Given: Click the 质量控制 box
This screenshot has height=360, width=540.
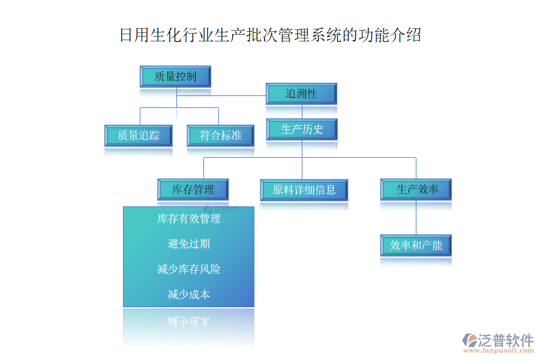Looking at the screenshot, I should point(175,77).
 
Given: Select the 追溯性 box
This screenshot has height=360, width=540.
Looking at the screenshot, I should point(301,94).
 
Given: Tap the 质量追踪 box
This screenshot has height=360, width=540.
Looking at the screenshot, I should point(138,136).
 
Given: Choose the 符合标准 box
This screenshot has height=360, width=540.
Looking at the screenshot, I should point(221,136).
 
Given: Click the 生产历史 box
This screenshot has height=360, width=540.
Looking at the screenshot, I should point(302,129).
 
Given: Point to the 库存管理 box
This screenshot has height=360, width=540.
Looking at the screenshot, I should point(193,190).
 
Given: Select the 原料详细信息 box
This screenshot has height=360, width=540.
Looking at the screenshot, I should point(304,190).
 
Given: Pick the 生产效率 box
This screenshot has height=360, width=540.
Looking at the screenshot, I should point(416,190).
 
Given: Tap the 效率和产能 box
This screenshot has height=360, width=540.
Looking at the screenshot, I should point(416,245).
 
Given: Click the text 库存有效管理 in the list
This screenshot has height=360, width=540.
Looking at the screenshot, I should point(189,219).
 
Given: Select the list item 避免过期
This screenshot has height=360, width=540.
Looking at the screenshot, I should point(189,244).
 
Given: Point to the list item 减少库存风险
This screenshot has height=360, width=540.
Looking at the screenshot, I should point(189,269).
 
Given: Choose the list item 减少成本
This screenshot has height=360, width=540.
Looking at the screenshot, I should point(189,295).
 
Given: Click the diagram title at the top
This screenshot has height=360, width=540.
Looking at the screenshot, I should point(270,35).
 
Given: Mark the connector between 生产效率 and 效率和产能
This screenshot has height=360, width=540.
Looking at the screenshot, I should point(416,217).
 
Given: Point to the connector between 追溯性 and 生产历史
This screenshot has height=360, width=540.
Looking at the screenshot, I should point(302,112).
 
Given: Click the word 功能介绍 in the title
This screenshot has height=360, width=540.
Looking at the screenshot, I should point(390,35).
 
